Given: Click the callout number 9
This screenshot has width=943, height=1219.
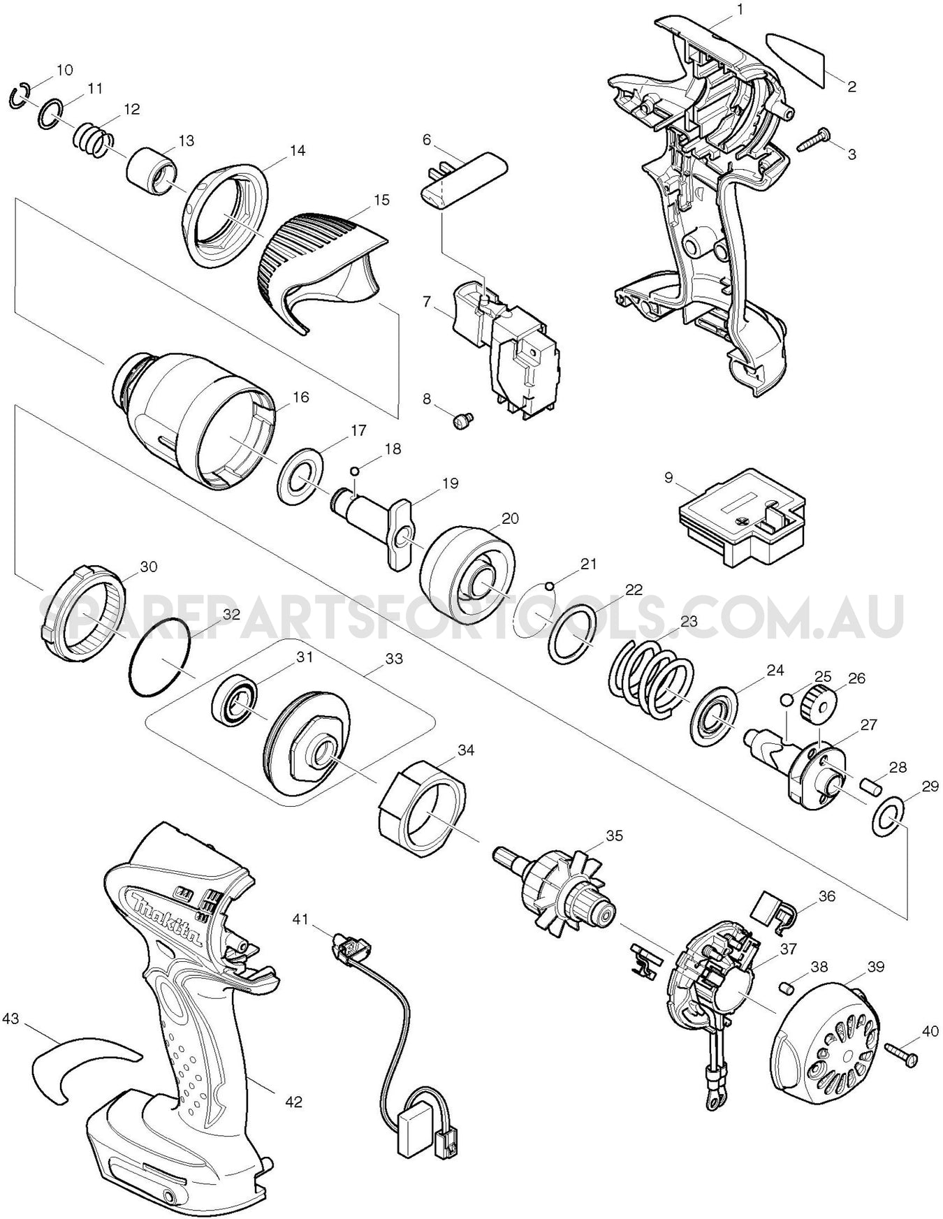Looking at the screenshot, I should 668,478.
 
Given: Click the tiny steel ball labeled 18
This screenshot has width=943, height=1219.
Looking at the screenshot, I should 355,470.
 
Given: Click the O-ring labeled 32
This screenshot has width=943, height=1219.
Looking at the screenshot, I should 159,658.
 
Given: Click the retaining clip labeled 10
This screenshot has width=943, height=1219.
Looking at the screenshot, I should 19,97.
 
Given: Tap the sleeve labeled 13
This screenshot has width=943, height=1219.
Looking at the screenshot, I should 149,170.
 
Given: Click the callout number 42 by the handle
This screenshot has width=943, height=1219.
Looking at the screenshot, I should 293,1102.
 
